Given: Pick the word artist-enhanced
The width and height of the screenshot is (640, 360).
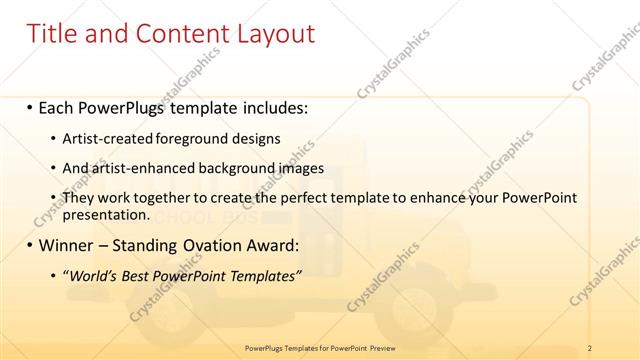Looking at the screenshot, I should pos(136,168).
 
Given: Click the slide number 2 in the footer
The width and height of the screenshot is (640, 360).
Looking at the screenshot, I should pos(591,347).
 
